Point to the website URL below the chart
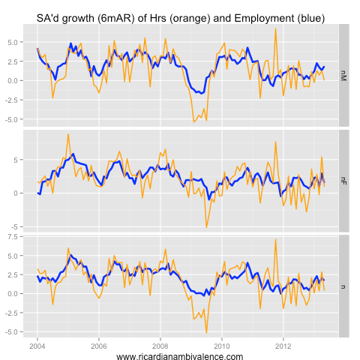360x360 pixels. tap(180, 356)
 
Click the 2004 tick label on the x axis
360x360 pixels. tap(37, 346)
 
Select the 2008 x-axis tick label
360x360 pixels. tap(160, 346)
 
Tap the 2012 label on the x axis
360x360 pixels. tap(283, 346)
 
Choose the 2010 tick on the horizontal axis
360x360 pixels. tap(221, 346)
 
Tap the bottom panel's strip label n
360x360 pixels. tap(344, 286)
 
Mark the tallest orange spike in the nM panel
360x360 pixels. tap(275, 28)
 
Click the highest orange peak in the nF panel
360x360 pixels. tap(68, 134)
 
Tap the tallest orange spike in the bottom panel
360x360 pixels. tap(275, 239)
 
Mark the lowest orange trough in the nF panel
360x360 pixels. tap(206, 227)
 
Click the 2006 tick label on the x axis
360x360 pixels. tap(98, 346)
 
